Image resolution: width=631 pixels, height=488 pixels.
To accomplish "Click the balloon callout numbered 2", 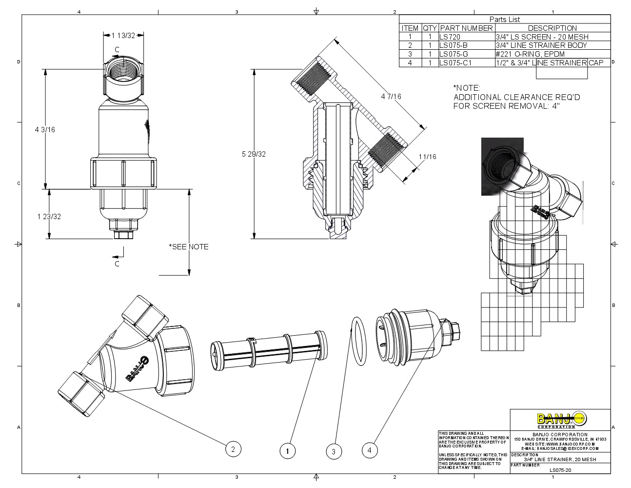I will pos(233,449).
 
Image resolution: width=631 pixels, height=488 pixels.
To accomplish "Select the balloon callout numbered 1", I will pos(288,451).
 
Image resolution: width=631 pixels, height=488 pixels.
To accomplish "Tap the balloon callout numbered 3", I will pos(334,451).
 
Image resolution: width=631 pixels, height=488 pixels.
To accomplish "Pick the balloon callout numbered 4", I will pos(369,450).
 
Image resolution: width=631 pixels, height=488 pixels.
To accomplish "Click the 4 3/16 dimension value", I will pos(45,130).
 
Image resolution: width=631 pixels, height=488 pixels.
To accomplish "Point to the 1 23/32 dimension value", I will pos(49,217).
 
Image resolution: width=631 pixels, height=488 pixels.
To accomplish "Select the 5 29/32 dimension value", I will pos(254,154).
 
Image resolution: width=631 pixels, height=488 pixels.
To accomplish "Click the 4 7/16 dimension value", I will pos(391,97).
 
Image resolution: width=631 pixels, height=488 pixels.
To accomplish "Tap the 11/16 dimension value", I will pos(427,157).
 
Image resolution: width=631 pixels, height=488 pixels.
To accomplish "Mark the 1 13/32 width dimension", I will pos(123,35).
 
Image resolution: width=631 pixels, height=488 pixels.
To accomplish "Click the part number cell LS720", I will pos(450,37).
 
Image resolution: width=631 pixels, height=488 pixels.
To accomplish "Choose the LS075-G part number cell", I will pos(454,54).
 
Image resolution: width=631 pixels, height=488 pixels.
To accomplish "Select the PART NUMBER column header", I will pos(466,28).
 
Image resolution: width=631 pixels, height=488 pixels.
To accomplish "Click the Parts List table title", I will pos(505,20).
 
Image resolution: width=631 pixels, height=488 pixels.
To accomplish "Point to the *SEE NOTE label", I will pos(189,247).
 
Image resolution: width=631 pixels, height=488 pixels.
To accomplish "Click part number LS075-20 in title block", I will pos(560,470).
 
